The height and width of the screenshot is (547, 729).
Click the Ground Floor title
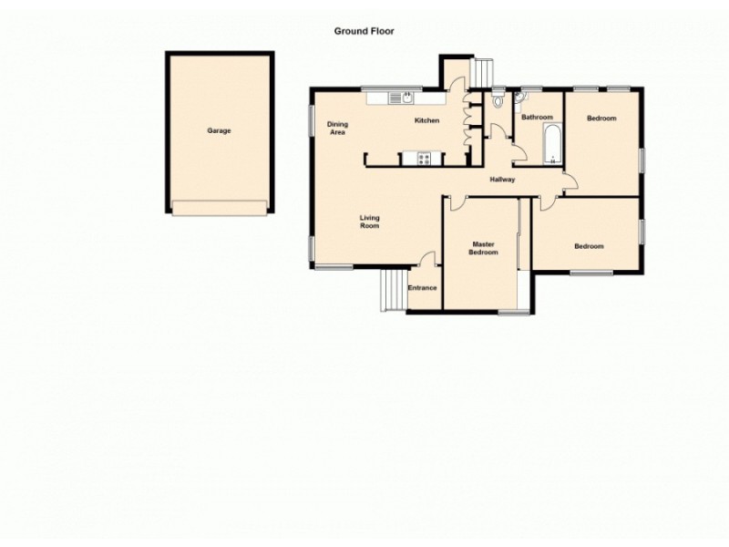364,31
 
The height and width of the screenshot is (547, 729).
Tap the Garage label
219,130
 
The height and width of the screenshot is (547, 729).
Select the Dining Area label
337,129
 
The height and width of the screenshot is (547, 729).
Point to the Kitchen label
426,120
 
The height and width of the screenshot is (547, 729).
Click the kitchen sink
403,96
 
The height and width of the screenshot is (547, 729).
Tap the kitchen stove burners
425,160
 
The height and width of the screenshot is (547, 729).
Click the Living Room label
369,222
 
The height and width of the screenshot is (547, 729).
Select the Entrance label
422,288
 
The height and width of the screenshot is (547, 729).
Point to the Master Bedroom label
483,247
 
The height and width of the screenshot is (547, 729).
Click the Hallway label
502,180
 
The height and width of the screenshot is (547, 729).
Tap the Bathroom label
537,117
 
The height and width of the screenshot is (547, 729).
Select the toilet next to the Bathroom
497,101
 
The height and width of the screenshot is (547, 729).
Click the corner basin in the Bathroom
519,96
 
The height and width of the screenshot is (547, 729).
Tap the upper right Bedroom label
601,119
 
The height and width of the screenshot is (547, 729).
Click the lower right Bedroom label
589,246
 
